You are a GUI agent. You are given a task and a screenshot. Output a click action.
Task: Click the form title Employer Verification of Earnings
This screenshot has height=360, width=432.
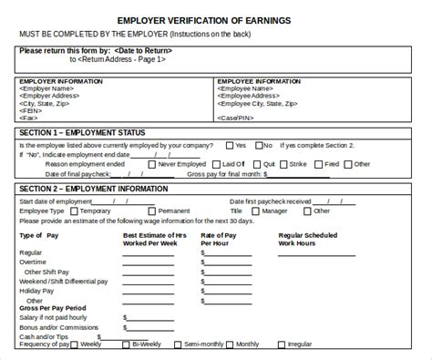215,19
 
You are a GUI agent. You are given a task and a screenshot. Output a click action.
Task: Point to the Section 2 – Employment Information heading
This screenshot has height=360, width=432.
92,188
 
